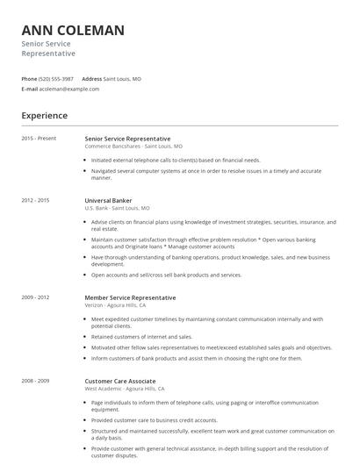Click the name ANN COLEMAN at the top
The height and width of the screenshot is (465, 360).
pos(73,31)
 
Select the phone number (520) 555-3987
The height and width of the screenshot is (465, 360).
pos(56,79)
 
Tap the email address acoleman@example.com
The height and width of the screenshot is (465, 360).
pos(69,89)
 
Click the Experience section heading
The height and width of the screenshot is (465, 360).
pos(45,115)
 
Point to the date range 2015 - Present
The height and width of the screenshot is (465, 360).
pos(39,139)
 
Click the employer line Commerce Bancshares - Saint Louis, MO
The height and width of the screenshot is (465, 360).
pos(133,147)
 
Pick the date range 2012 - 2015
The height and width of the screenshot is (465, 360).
pos(35,200)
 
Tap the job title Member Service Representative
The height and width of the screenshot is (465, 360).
pos(130,297)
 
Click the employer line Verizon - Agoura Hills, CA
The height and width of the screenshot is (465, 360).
pos(122,305)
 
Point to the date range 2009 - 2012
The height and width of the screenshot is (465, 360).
pos(35,297)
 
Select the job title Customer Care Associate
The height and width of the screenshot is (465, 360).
pos(120,381)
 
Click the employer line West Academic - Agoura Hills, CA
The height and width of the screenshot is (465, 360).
pos(131,389)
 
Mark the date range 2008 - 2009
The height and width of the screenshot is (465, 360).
pos(35,381)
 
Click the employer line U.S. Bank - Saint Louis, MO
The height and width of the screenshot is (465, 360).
pos(117,208)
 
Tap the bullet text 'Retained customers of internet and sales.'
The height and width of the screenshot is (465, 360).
pos(141,336)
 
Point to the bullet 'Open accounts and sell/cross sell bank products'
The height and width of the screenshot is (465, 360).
pos(166,275)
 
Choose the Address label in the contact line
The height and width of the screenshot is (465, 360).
pos(91,79)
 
